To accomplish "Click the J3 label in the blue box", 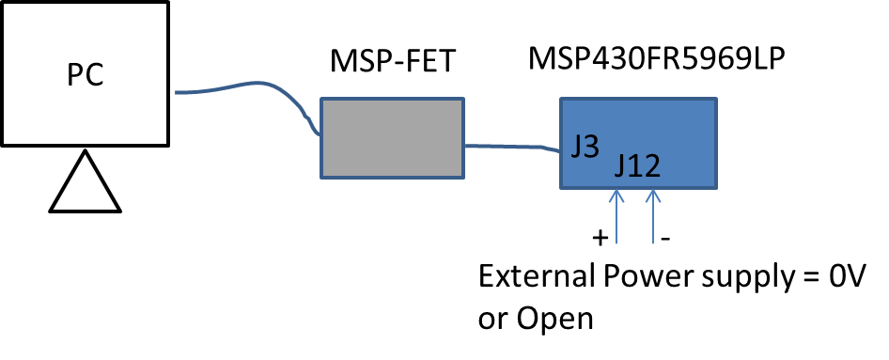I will [x=585, y=147].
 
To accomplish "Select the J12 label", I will [x=637, y=166].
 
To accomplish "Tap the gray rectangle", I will [x=392, y=137].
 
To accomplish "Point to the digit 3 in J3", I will [x=591, y=147].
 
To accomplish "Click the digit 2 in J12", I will [x=650, y=166].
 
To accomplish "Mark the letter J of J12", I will [x=621, y=167].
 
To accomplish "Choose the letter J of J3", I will [x=576, y=147].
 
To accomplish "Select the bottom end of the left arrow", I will [x=616, y=243].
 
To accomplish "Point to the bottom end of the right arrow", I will [x=653, y=243].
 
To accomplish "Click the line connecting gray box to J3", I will [x=507, y=146].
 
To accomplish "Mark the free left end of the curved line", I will [x=177, y=92].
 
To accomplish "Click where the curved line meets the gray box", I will [x=321, y=134].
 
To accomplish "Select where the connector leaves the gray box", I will [x=464, y=146].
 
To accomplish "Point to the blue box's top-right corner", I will [x=715, y=99].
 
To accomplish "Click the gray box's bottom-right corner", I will [x=463, y=177].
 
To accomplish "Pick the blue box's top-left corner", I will [x=562, y=99].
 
